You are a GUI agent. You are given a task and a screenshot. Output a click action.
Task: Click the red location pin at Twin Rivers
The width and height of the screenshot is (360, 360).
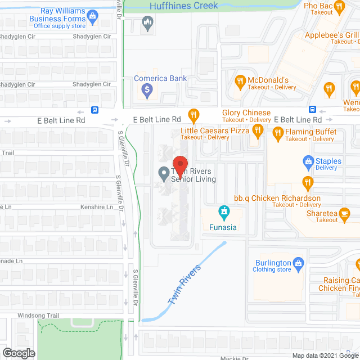[179, 162]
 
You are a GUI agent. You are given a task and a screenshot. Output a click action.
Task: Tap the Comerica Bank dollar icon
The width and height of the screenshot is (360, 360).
[147, 89]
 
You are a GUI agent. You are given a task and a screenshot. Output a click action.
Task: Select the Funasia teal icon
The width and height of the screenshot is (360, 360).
[224, 213]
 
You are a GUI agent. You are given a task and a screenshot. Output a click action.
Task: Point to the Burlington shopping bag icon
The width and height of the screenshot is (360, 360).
[299, 263]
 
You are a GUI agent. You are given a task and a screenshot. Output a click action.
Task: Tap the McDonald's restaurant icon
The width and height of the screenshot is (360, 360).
[240, 80]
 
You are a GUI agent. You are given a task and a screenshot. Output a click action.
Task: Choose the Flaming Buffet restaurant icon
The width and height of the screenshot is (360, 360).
[277, 133]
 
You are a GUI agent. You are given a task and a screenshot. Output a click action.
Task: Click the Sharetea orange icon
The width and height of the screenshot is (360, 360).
[345, 213]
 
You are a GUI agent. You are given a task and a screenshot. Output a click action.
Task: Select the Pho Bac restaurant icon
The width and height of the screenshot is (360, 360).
[339, 7]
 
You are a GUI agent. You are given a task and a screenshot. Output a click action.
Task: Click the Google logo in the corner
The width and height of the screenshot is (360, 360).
[19, 353]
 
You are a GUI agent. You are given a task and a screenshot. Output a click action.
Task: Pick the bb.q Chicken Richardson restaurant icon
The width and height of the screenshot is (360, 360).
[307, 182]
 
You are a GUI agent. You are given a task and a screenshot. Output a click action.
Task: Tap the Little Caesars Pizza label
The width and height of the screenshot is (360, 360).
[215, 130]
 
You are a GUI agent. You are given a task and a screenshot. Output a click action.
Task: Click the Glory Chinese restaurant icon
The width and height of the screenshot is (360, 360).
[193, 116]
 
